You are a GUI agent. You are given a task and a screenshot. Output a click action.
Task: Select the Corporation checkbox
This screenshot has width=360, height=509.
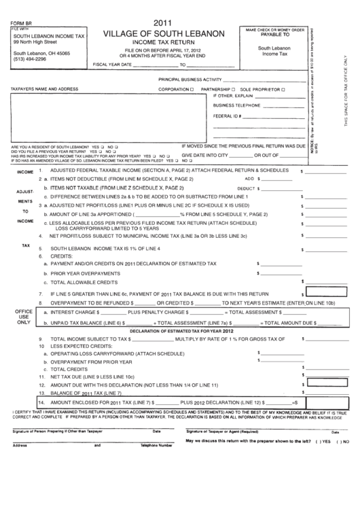[x=192, y=89]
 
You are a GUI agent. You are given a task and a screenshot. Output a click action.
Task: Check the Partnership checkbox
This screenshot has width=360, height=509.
[x=233, y=89]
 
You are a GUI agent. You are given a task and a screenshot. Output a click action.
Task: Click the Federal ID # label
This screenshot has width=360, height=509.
[x=228, y=116]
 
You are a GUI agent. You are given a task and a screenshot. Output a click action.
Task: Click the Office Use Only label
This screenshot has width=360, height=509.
[x=24, y=317]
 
